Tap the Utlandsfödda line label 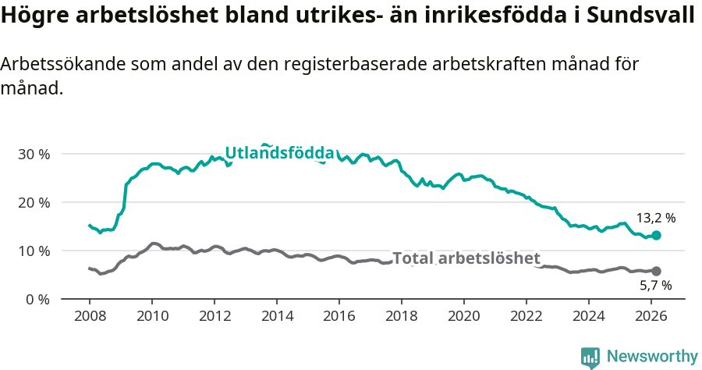pos(280,153)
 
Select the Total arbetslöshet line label pos(466,258)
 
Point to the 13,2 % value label pos(656,219)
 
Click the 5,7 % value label pos(655,286)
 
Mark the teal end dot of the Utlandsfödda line pos(656,235)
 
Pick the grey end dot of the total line pos(656,271)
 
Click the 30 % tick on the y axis pos(33,154)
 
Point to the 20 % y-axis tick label pos(33,202)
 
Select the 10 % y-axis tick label pos(33,251)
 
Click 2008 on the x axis pos(90,316)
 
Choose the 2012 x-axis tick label pos(214,316)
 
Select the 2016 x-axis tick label pos(339,316)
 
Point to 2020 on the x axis pos(464,316)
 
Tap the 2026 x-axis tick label pos(651,316)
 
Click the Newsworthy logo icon pos(590,357)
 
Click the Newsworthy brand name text pos(651,357)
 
